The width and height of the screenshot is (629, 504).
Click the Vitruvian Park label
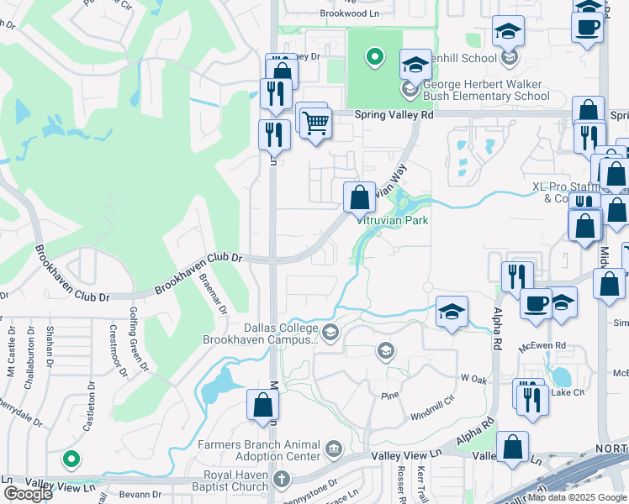[x=394, y=220]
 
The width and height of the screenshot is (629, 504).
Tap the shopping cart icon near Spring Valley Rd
[x=315, y=123]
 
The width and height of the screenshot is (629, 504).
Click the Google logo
[x=28, y=494]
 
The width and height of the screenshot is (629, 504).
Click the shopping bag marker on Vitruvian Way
[x=359, y=198]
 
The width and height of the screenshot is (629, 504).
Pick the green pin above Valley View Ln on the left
[x=71, y=459]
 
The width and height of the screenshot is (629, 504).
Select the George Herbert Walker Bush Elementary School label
[x=486, y=90]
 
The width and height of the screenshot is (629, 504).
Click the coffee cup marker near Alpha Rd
[x=535, y=303]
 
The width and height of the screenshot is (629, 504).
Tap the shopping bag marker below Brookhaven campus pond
[x=262, y=405]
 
